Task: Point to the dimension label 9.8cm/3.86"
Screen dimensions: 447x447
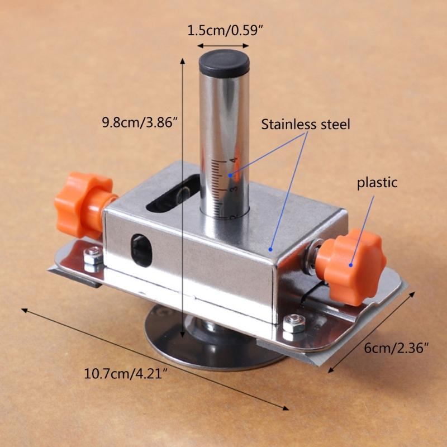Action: pyautogui.click(x=139, y=121)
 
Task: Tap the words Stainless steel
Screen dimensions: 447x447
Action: pyautogui.click(x=306, y=125)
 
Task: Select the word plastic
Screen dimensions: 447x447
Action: pyautogui.click(x=378, y=183)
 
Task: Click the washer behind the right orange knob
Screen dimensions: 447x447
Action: pyautogui.click(x=311, y=256)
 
